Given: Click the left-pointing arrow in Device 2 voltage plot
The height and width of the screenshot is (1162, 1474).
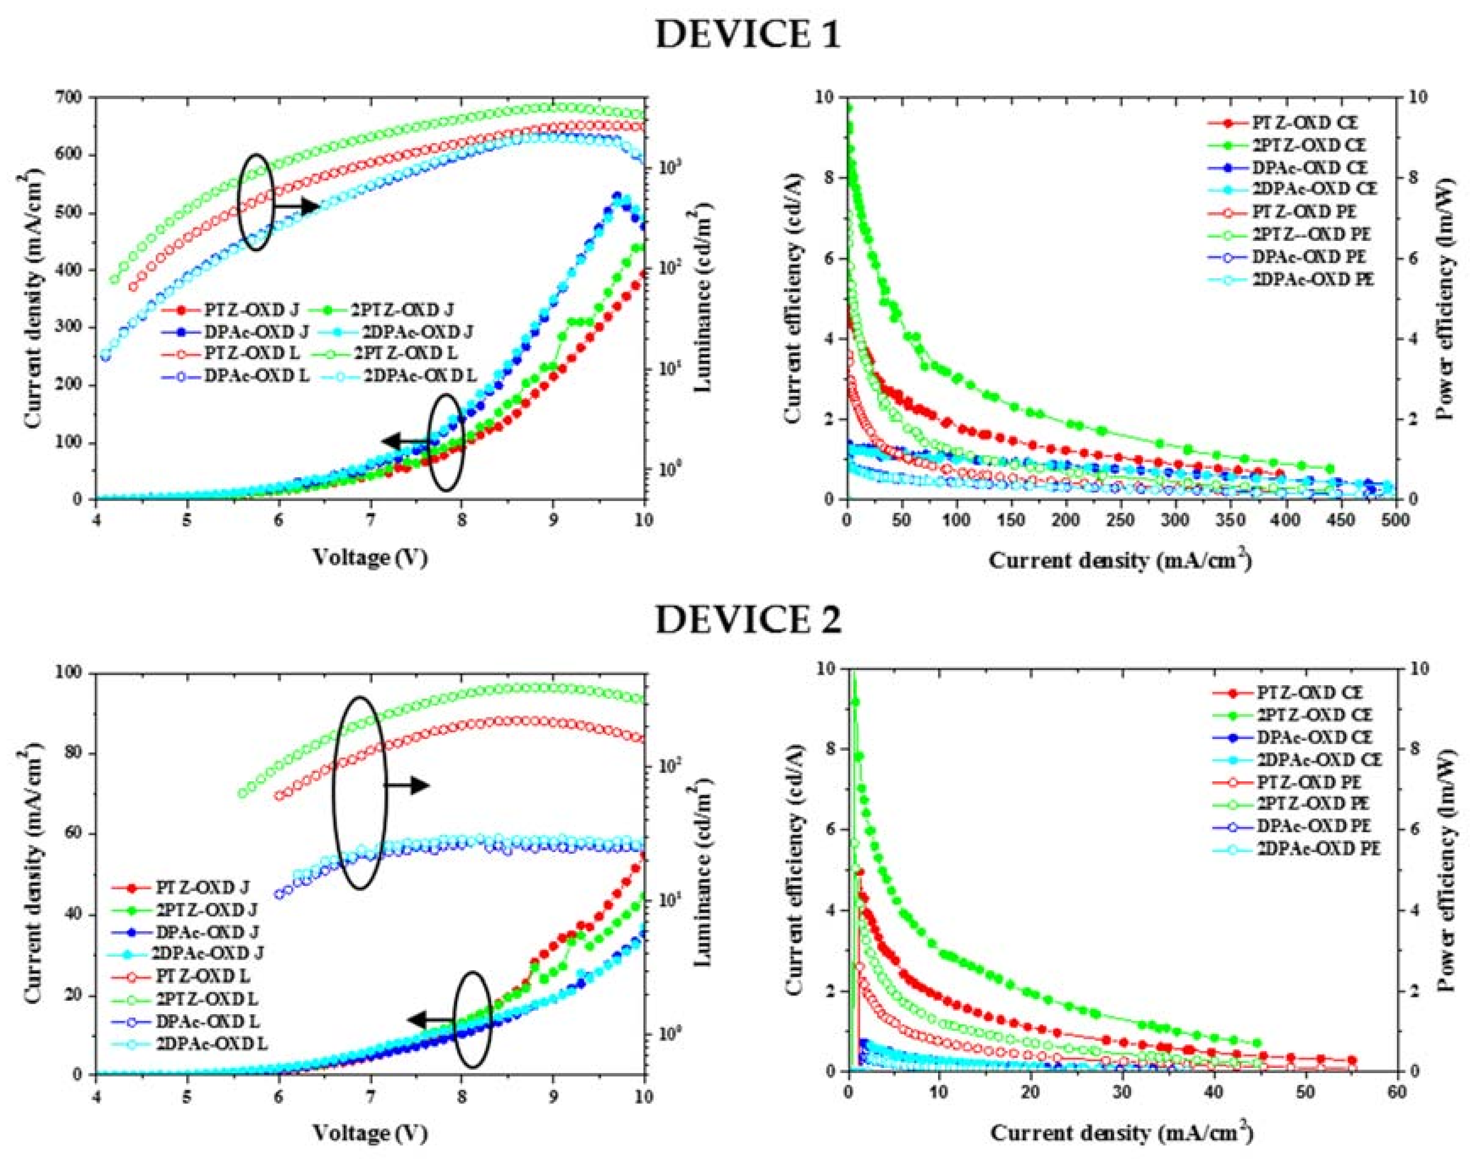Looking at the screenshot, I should tap(430, 1020).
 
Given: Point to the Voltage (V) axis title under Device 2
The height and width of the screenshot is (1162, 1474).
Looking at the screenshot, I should tap(370, 1133).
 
